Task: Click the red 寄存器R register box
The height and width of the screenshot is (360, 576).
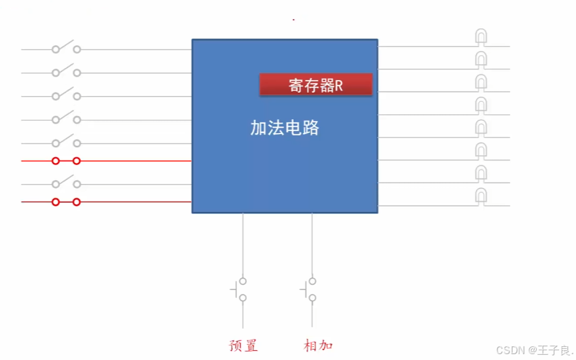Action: point(315,85)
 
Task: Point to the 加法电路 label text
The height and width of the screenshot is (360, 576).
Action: point(285,128)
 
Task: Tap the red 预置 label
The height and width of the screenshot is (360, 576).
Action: point(243,345)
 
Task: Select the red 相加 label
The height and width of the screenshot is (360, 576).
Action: point(319,345)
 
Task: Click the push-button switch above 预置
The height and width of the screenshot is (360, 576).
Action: point(240,289)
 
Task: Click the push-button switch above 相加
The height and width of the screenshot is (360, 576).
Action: point(310,289)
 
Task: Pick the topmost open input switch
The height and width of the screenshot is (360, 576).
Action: point(66,48)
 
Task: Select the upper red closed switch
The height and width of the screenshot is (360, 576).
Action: point(66,160)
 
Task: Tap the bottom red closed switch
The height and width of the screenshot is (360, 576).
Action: point(66,202)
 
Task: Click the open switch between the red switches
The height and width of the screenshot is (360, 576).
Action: point(66,183)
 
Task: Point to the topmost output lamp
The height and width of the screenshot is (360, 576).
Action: point(481,37)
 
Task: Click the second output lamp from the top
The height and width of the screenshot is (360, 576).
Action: point(481,60)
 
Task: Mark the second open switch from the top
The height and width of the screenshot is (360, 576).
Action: point(66,71)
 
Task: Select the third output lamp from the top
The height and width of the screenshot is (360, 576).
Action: point(481,82)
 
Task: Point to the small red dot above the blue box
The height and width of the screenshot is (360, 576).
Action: point(293,20)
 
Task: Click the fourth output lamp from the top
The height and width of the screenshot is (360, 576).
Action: point(481,105)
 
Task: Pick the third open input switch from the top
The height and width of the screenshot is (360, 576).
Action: point(66,95)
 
